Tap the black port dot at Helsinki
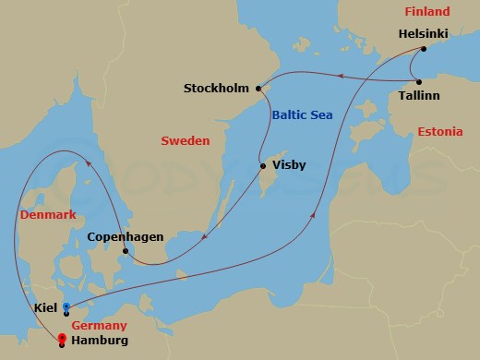click(423, 48)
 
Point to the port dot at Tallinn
click(417, 80)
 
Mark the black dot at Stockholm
click(259, 90)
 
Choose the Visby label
click(289, 166)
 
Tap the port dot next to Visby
click(263, 167)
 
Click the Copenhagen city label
click(125, 237)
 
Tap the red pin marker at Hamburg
click(62, 338)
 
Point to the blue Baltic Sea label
click(301, 114)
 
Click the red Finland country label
click(426, 12)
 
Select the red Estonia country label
click(439, 132)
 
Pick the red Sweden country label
click(186, 141)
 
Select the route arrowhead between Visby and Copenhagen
click(202, 243)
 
